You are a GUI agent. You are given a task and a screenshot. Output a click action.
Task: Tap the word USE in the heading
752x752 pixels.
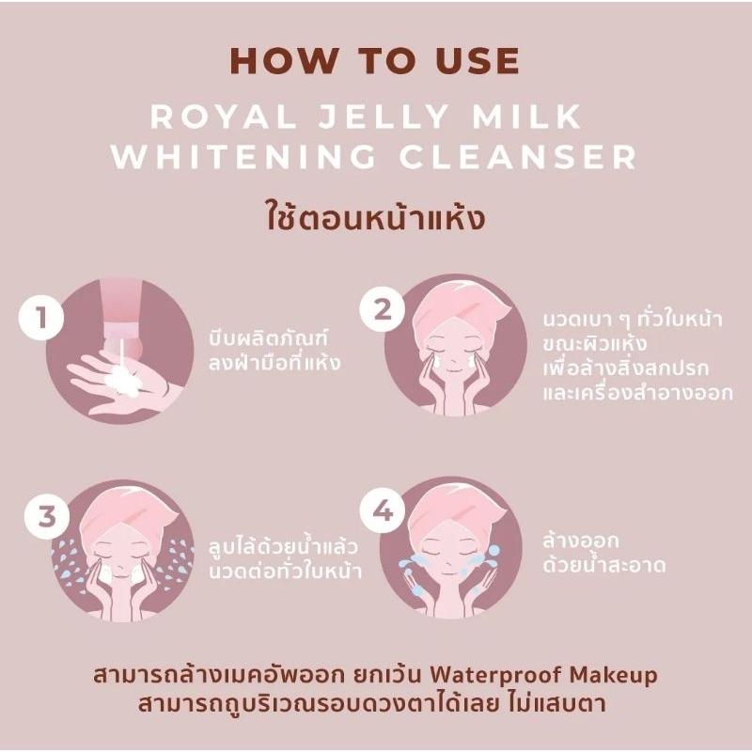pyautogui.click(x=477, y=61)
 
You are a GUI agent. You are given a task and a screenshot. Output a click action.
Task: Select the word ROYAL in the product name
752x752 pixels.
pyautogui.click(x=224, y=116)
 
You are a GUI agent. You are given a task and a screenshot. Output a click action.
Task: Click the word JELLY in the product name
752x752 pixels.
pyautogui.click(x=384, y=116)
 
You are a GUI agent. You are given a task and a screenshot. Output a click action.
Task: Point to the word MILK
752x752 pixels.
pyautogui.click(x=526, y=116)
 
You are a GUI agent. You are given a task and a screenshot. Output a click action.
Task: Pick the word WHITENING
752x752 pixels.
pyautogui.click(x=243, y=156)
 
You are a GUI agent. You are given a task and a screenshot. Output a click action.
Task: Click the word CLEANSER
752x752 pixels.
pyautogui.click(x=518, y=156)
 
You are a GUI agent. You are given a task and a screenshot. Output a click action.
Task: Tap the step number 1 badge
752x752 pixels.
pyautogui.click(x=41, y=318)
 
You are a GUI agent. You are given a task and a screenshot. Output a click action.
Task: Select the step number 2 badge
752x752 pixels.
pyautogui.click(x=383, y=309)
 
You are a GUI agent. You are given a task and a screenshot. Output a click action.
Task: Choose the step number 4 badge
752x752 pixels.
pyautogui.click(x=383, y=511)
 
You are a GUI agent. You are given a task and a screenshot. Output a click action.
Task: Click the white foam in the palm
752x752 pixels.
pyautogui.click(x=121, y=380)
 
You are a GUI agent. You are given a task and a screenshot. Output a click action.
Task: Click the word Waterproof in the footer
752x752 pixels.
pyautogui.click(x=495, y=675)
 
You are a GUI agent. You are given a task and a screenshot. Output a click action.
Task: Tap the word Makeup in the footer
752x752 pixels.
pyautogui.click(x=614, y=675)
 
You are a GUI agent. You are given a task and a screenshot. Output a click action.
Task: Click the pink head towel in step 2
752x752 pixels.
pyautogui.click(x=461, y=306)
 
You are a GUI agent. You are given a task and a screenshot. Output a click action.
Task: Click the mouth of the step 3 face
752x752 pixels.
pyautogui.click(x=121, y=572)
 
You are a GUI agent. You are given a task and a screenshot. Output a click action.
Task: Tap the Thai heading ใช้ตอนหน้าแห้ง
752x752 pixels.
pyautogui.click(x=375, y=218)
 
